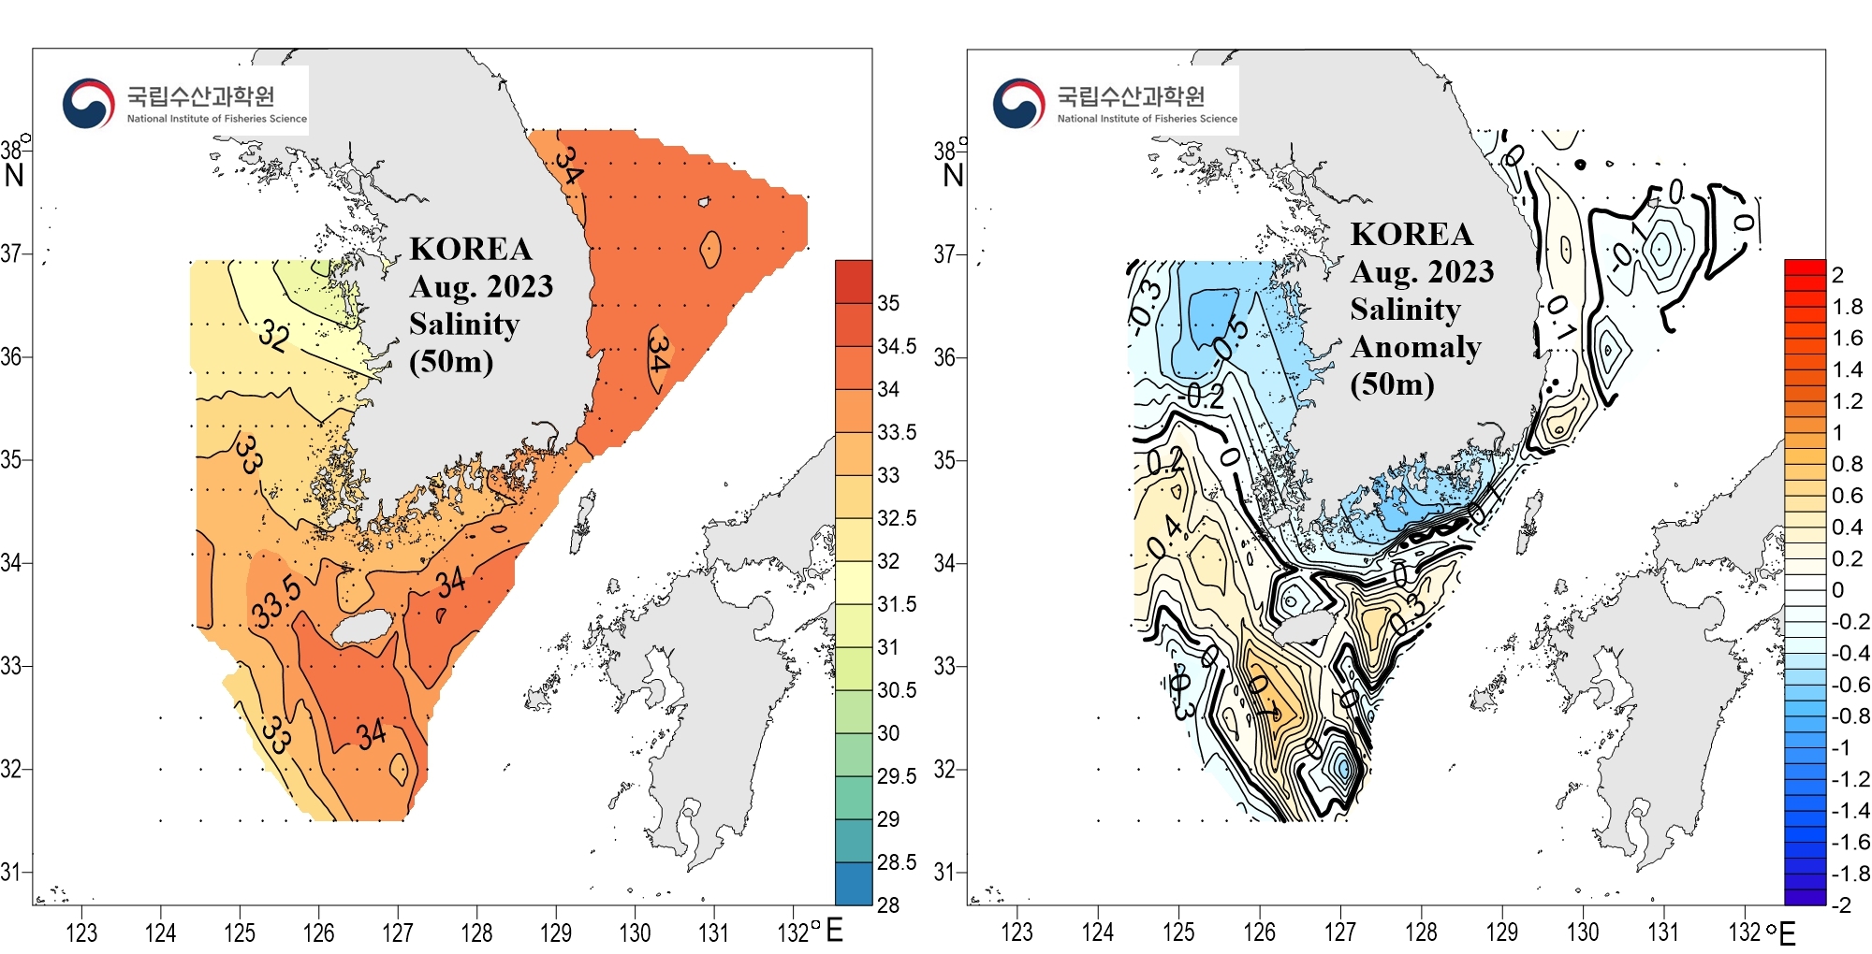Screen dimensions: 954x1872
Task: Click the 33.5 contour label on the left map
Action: click(x=277, y=601)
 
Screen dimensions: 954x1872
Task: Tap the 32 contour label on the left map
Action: click(x=273, y=334)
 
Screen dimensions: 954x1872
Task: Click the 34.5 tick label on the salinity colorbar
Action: click(x=897, y=346)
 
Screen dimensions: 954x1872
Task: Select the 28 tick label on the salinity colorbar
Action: click(x=888, y=904)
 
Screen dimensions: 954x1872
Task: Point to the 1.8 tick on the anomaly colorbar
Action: click(x=1848, y=307)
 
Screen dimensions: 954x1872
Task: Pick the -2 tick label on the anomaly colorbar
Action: click(x=1841, y=904)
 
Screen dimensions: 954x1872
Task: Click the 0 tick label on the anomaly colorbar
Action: click(x=1838, y=590)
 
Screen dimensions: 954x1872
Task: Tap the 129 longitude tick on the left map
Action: click(x=556, y=932)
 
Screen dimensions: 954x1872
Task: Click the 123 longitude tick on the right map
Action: click(x=1016, y=932)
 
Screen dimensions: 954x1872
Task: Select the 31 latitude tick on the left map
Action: click(x=10, y=872)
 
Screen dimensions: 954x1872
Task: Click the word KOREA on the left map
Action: click(x=471, y=249)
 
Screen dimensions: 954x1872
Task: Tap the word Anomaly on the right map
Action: click(x=1415, y=347)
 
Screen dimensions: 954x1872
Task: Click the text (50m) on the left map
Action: click(x=450, y=361)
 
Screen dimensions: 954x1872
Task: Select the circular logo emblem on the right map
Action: click(x=1019, y=103)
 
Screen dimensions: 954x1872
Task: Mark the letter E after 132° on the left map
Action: click(x=835, y=931)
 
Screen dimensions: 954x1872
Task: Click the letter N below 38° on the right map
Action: click(x=953, y=175)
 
